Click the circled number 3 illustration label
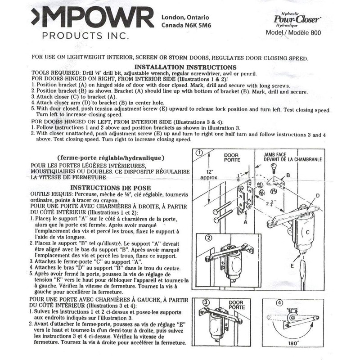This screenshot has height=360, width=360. click(207, 302)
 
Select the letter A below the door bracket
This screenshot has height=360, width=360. click(246, 221)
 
